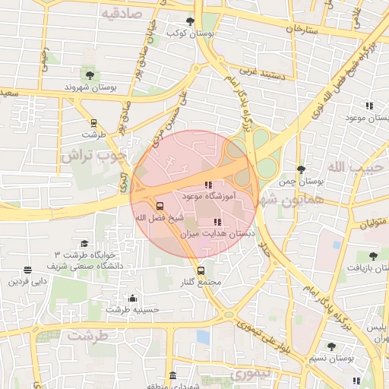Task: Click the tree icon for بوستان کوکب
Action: pos(190,21)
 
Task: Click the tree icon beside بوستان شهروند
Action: pos(90,74)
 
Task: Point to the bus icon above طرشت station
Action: pos(93,122)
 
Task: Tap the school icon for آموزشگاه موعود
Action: pos(208,185)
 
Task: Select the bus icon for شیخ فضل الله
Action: pos(160,206)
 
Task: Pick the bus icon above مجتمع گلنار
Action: pos(201,270)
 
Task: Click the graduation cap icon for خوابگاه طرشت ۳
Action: pos(84,243)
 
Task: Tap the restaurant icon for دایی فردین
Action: pos(28,270)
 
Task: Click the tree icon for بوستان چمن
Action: pos(301,170)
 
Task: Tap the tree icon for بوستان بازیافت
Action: pos(372,256)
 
